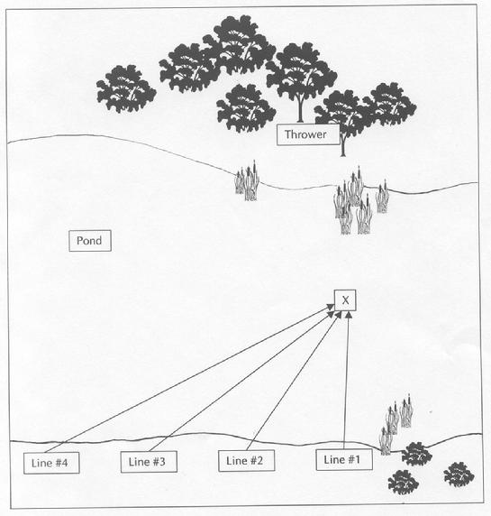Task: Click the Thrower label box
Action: coord(308,134)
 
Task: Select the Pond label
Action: coord(90,241)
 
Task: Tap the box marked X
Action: coord(345,300)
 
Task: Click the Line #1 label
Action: coord(344,459)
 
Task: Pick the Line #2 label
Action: coord(247,461)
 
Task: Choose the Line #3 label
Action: coord(149,462)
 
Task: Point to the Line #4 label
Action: coord(51,463)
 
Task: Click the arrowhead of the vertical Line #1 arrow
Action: coord(349,315)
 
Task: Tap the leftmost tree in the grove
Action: coord(126,88)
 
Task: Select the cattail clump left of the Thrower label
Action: coord(247,181)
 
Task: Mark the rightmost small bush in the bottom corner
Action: coord(459,475)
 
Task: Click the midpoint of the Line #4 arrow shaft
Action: coord(189,379)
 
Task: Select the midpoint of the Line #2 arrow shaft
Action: coord(294,381)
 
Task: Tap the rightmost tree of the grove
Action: coord(390,105)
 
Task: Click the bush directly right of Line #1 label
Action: coord(417,454)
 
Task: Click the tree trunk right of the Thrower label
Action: coord(342,145)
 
